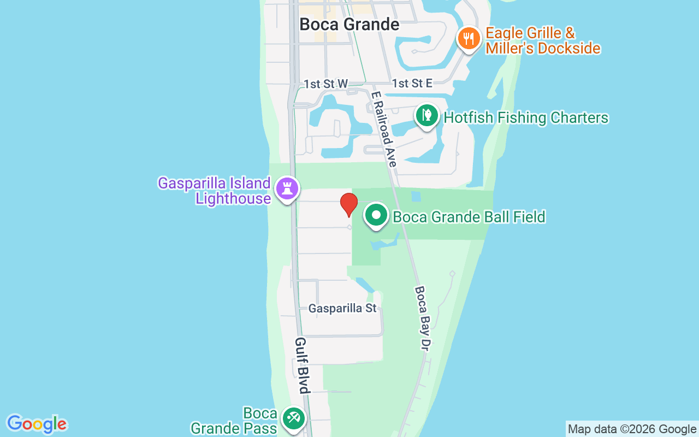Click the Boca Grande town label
tap(349, 25)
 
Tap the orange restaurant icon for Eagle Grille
tap(469, 39)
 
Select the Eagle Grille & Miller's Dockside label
tap(543, 40)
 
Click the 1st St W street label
tap(326, 84)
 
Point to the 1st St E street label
tap(412, 83)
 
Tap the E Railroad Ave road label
tap(384, 129)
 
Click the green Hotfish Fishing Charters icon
tap(427, 116)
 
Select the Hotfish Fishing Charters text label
tap(526, 117)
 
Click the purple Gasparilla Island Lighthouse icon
tap(287, 189)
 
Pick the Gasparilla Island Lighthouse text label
tap(215, 191)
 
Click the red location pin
tap(348, 205)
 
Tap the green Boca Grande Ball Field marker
tap(376, 215)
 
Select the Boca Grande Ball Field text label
tap(469, 217)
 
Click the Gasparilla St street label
tap(342, 309)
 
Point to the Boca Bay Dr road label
tap(423, 318)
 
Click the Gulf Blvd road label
tap(302, 365)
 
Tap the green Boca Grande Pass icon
tap(293, 420)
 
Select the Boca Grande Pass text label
tap(234, 421)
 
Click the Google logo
tap(37, 424)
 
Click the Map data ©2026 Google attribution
tap(632, 429)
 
